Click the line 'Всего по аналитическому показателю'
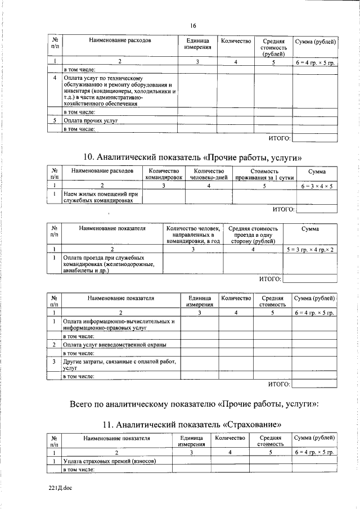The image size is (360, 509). [194, 403]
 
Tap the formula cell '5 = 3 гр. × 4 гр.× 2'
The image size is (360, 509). [311, 248]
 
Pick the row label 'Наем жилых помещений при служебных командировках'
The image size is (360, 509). [100, 196]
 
